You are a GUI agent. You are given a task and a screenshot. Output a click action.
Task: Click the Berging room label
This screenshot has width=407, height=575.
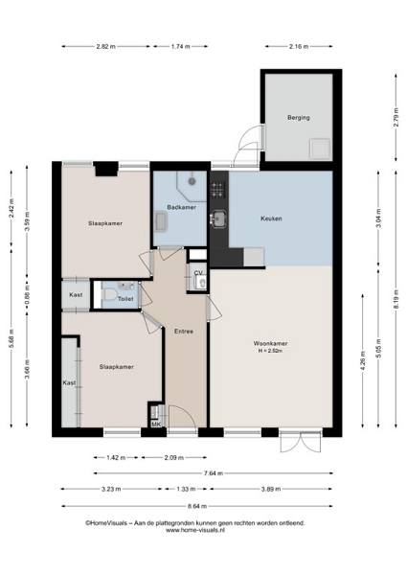pos(299,117)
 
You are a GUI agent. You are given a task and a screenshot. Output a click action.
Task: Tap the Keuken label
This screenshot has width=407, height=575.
pos(271,218)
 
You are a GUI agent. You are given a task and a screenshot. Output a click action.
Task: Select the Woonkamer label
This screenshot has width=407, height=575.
pos(270,344)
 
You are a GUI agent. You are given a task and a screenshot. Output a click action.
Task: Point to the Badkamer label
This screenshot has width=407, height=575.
pos(181,207)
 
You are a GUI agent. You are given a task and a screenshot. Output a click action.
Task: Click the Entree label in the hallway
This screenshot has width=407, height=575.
pos(184,332)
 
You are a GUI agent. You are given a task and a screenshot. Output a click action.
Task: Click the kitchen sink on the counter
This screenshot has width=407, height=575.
pos(219,218)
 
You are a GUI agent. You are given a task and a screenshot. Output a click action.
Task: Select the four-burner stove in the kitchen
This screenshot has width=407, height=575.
pos(217,190)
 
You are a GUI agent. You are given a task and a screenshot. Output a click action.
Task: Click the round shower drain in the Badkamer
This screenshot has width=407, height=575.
pos(192,181)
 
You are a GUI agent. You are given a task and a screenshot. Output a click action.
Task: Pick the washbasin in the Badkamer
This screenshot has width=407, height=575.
pos(161,221)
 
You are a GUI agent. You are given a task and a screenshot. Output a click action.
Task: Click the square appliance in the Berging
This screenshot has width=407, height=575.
pos(320,149)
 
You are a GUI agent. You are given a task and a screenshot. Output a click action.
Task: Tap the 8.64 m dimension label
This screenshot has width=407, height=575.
pos(197,506)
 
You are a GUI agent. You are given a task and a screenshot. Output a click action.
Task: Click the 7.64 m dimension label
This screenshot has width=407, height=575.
pos(214,473)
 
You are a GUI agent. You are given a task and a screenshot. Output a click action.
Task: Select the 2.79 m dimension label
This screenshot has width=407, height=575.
pos(396,117)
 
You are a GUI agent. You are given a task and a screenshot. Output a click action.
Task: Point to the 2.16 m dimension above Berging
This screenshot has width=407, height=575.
pos(299,46)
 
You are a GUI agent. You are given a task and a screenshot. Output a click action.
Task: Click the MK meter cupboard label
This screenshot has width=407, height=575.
pos(156,425)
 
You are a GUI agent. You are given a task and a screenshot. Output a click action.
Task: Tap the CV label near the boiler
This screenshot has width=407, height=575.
pos(198,273)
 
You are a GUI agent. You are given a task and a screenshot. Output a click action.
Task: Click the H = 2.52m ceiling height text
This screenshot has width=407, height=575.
pos(270,351)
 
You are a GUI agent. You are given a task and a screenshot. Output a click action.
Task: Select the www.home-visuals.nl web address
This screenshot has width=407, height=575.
pos(195,530)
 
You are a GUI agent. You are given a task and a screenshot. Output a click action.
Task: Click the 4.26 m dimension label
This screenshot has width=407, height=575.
pos(363,361)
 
